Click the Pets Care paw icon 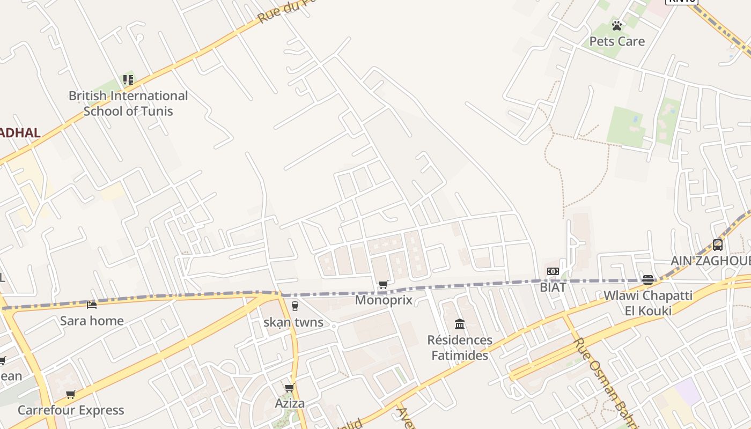[617, 25]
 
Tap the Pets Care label [617, 41]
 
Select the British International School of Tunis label [128, 103]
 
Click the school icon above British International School [128, 80]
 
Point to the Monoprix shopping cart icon [383, 284]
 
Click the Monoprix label [384, 300]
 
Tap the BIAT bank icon [553, 271]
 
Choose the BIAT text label [553, 287]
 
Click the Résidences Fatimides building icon [460, 324]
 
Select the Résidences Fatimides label [460, 347]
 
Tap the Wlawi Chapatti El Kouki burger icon [648, 279]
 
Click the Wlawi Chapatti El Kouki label [648, 303]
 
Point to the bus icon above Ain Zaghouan [718, 245]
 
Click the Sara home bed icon [92, 305]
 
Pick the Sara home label [92, 321]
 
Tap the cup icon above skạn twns [294, 306]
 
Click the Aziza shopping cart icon [290, 388]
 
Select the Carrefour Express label [71, 410]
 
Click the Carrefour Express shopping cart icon [70, 395]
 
